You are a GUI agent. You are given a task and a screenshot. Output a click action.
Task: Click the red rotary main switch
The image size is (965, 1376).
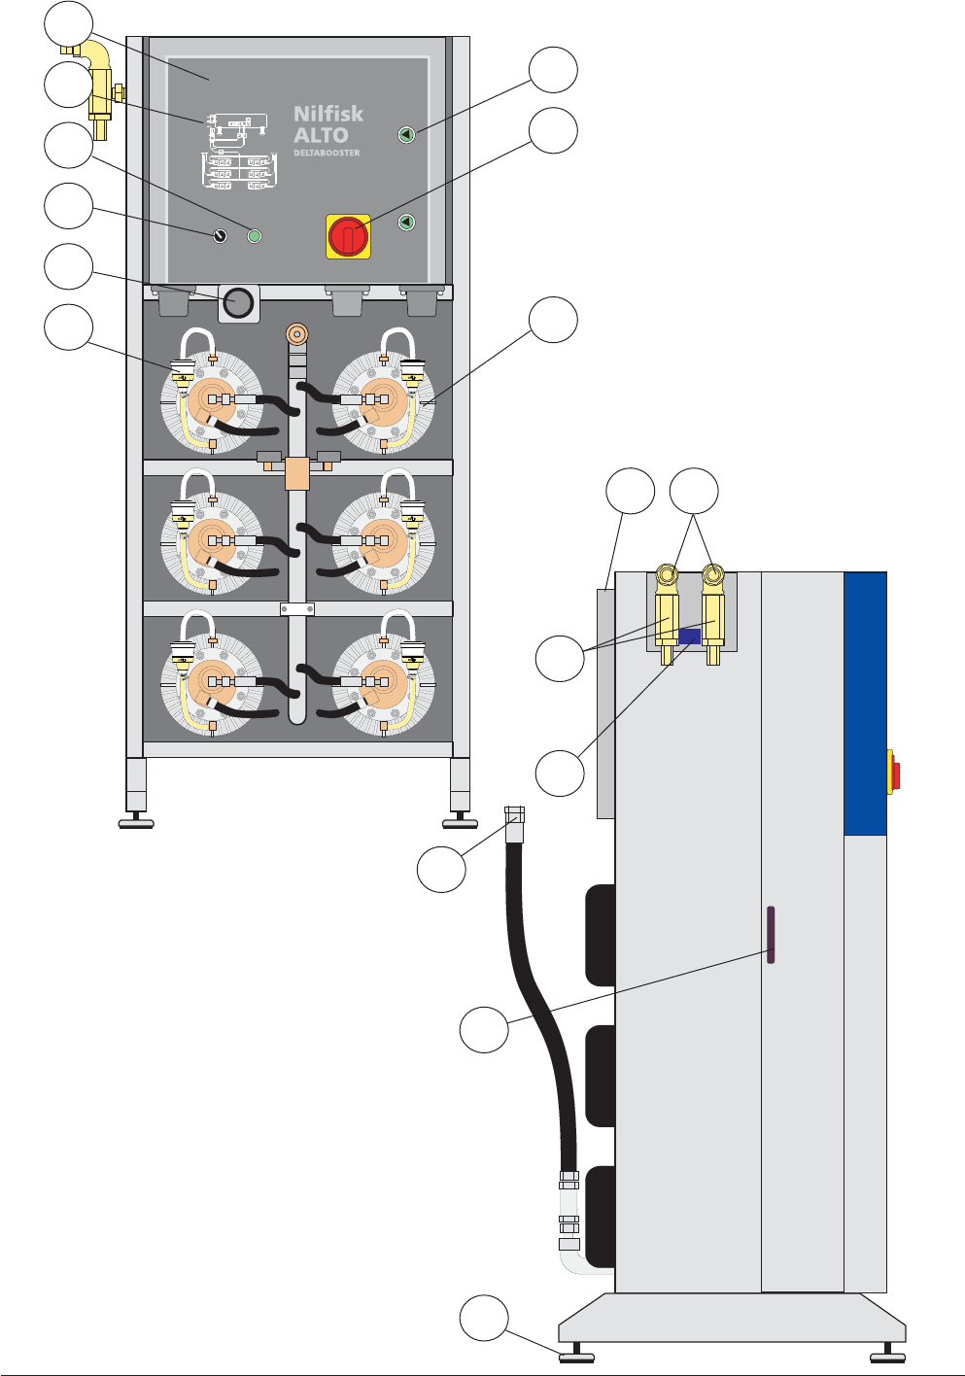coord(348,236)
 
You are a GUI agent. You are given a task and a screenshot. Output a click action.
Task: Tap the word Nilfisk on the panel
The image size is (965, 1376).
coord(328,115)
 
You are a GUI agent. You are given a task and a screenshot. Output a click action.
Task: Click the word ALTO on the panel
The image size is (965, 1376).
coord(321,135)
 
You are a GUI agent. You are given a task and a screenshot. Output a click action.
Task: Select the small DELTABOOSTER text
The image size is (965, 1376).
coord(327,153)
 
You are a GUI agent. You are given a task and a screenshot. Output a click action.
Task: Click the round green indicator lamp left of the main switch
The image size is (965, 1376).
coord(255,235)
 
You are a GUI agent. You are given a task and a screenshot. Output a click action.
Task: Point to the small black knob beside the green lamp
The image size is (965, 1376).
coord(220,235)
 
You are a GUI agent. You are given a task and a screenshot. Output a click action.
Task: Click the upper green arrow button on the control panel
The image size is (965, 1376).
coord(406,135)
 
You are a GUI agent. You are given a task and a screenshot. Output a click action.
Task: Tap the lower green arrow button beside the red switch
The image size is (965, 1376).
coord(406,223)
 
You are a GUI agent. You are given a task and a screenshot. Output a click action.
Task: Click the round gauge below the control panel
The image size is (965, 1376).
coord(238,303)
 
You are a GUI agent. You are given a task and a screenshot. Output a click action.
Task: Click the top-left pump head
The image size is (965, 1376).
coord(211,401)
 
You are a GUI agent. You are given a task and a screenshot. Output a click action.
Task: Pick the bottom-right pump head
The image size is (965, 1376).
coord(383,682)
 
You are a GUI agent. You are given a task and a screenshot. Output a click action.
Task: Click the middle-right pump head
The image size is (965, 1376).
coord(383,540)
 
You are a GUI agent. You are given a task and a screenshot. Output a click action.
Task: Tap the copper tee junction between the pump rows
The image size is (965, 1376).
coord(296,473)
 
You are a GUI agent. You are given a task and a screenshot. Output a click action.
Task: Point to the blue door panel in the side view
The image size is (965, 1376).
coord(865,704)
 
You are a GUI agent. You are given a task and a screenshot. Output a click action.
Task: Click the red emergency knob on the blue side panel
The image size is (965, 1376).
coord(894,775)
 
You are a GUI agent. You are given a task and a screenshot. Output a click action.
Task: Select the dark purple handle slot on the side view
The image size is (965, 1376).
coord(771,935)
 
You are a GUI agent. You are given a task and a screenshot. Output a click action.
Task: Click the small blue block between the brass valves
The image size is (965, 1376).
coord(689,636)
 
